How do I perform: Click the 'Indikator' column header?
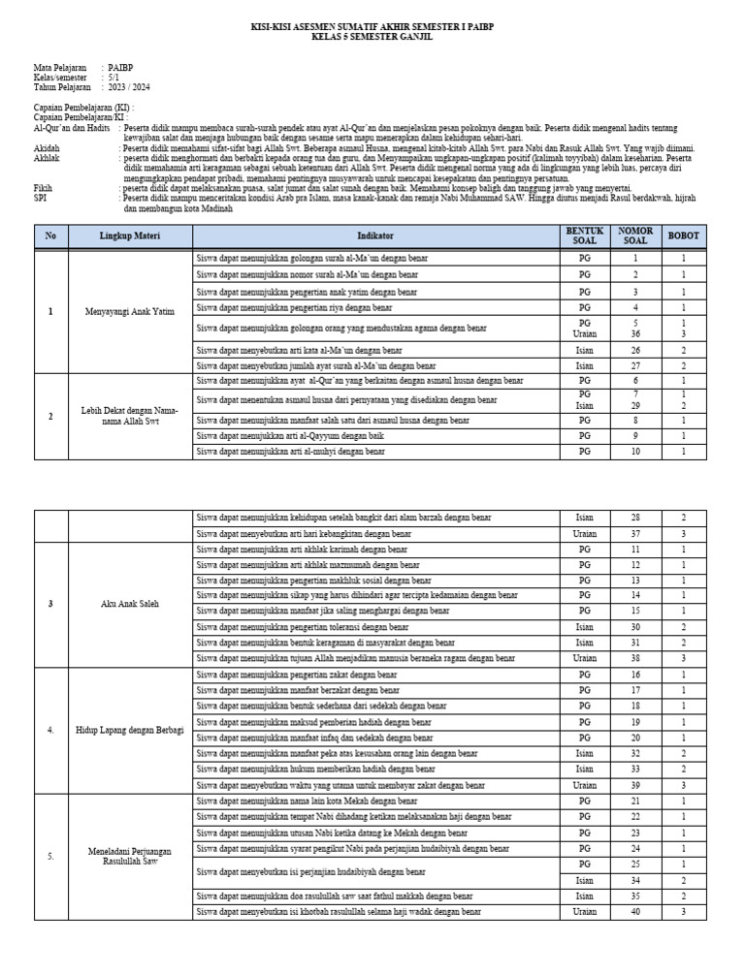[x=375, y=236]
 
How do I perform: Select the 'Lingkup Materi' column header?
[x=130, y=236]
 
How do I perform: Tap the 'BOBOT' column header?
[x=683, y=236]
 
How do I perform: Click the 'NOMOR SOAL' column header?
[x=635, y=236]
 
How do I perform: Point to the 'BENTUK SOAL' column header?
[x=585, y=236]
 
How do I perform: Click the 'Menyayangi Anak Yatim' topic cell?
[x=130, y=311]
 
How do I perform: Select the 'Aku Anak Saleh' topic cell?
[x=130, y=604]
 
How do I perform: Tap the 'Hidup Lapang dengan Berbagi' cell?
[x=130, y=730]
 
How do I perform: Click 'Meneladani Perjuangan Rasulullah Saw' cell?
[x=130, y=856]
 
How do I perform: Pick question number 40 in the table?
[x=635, y=912]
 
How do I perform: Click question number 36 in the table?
[x=635, y=333]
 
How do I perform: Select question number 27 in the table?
[x=635, y=366]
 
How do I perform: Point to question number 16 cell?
[x=635, y=674]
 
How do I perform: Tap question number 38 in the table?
[x=635, y=658]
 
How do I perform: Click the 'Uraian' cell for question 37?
[x=585, y=534]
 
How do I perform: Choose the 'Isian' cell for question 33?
[x=585, y=770]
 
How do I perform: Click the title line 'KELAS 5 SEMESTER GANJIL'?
[x=372, y=37]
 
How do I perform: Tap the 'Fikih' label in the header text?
[x=44, y=186]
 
